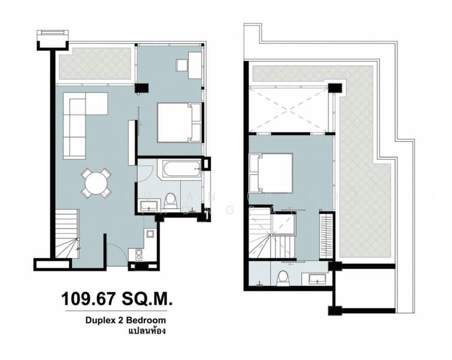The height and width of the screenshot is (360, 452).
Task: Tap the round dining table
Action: (97, 182)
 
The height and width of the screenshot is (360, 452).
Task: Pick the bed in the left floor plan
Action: (179, 122)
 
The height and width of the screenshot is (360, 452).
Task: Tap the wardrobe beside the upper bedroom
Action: (326, 235)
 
